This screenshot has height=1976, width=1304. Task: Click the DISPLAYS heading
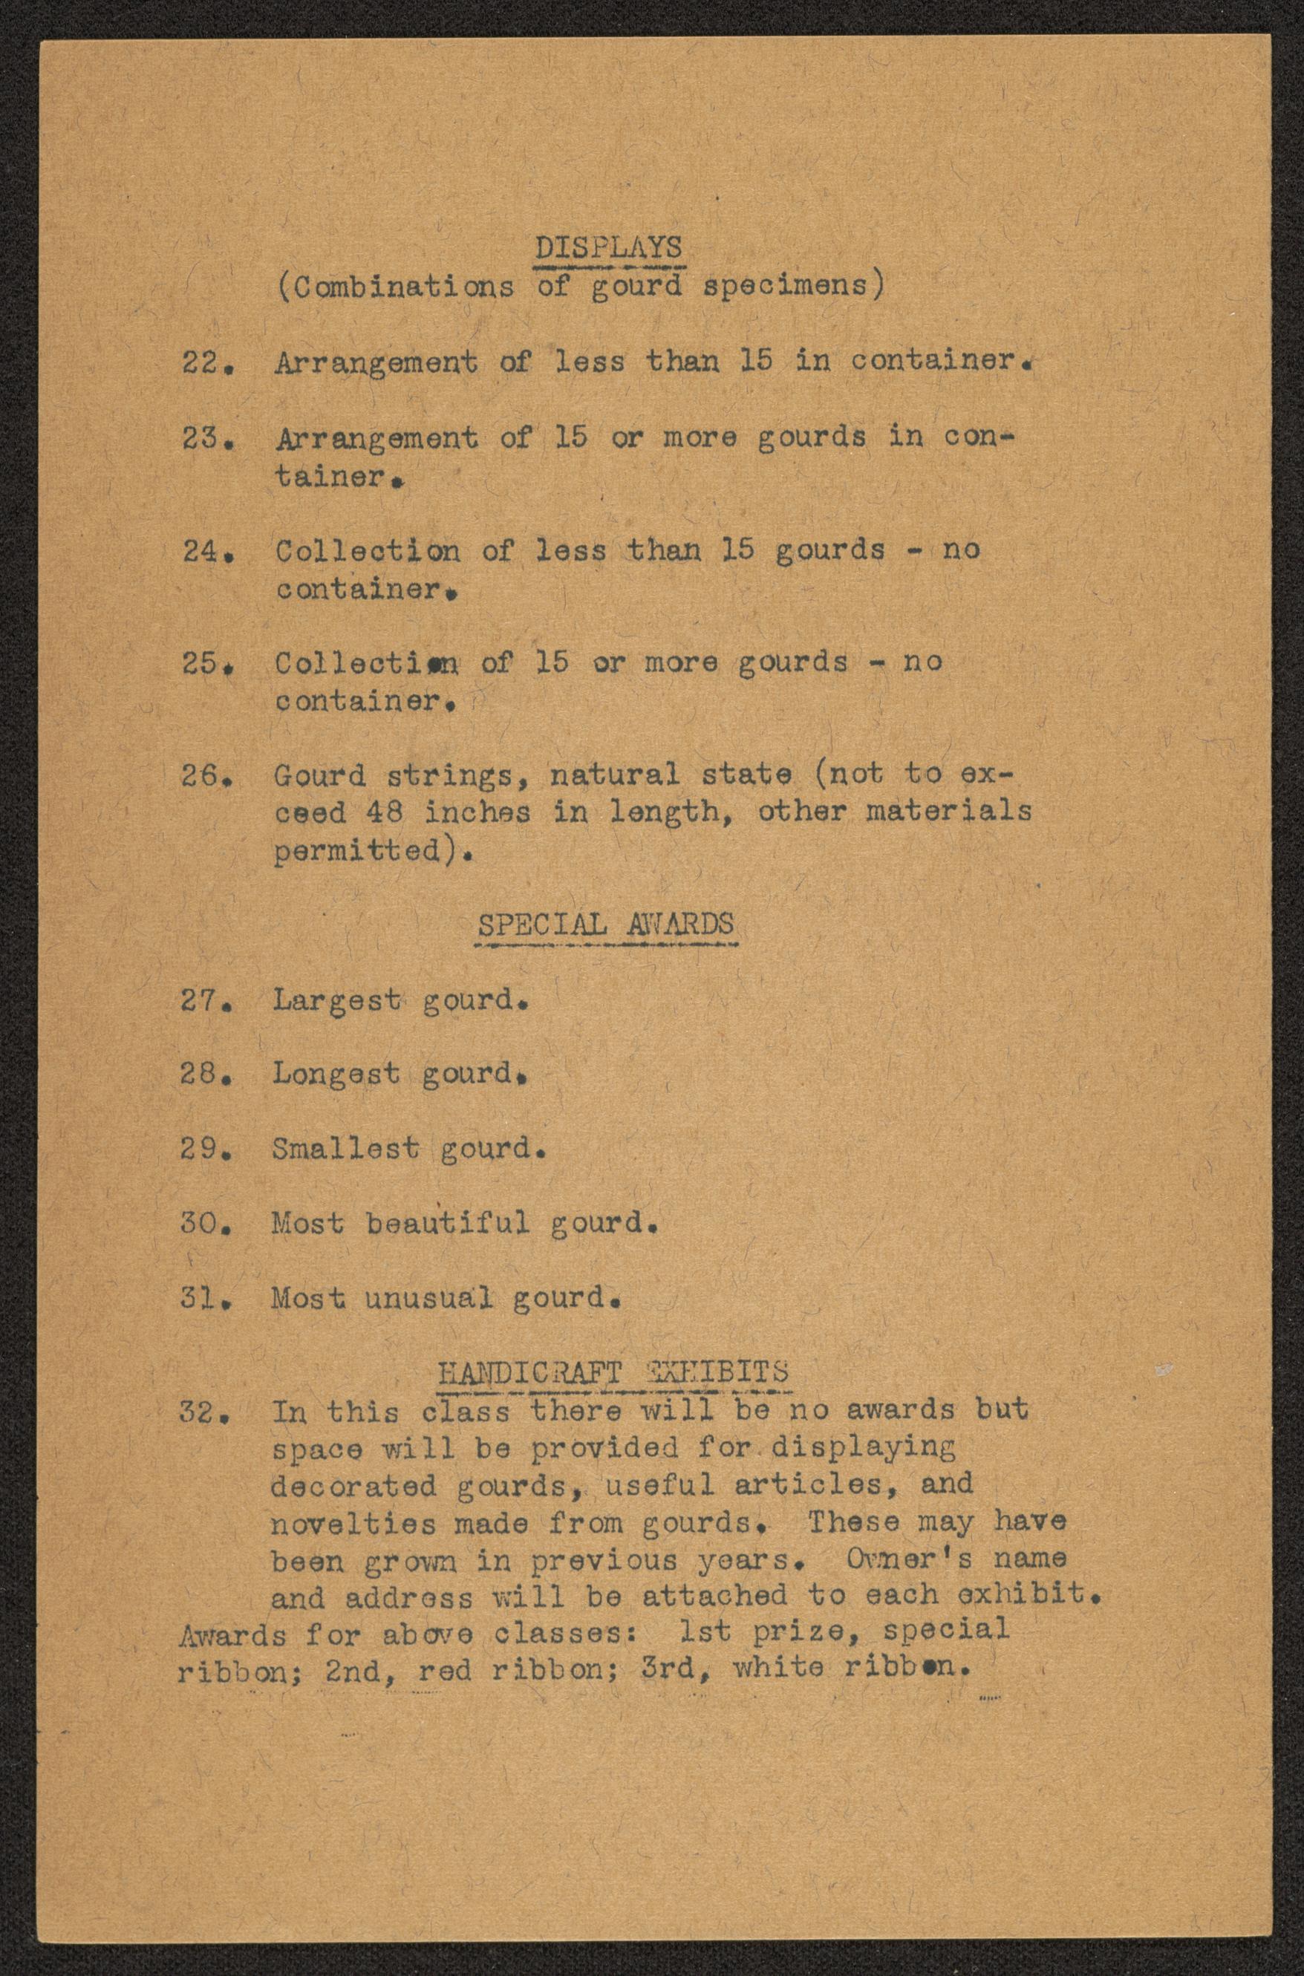[x=608, y=248]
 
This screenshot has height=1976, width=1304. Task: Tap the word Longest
[x=335, y=1075]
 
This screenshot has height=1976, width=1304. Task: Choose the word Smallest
[x=345, y=1149]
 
